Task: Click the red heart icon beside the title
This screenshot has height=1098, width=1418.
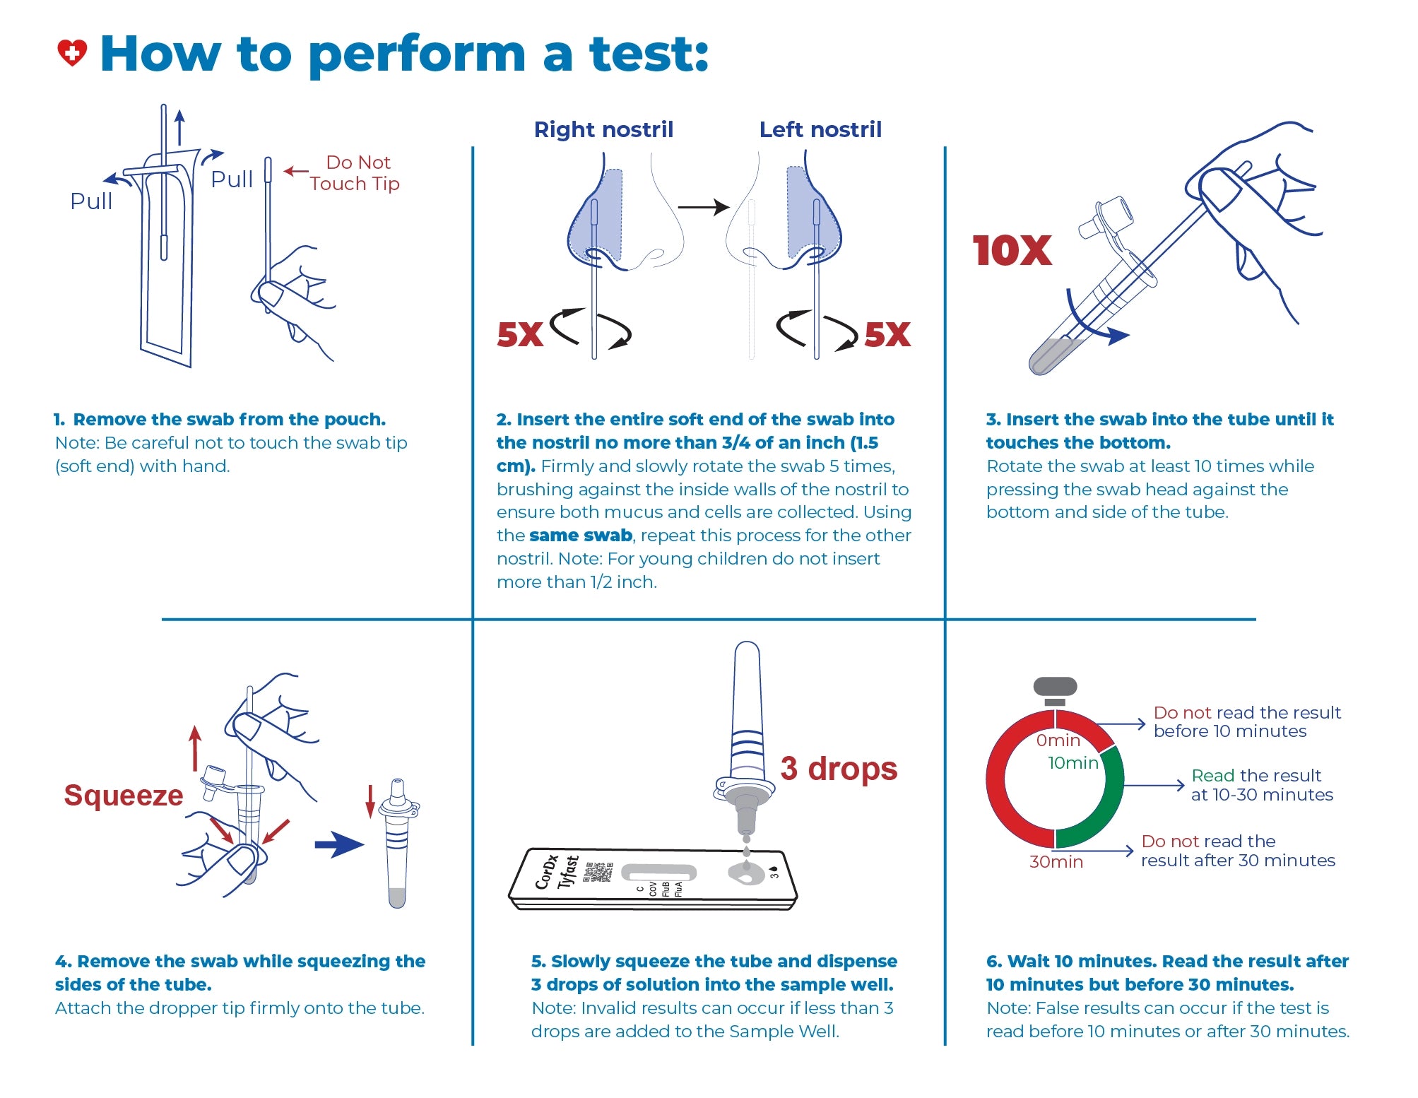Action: (x=71, y=53)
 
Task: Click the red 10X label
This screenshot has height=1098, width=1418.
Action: (x=1012, y=251)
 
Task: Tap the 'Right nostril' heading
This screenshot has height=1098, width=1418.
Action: (x=603, y=129)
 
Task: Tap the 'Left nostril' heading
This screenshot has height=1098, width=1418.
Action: (x=820, y=129)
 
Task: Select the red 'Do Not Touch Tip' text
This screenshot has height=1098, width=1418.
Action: (x=355, y=173)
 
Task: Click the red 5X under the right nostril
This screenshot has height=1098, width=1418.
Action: (x=519, y=334)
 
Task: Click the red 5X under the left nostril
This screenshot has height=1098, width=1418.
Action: (x=887, y=334)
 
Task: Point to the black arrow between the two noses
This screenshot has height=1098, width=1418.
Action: (x=703, y=207)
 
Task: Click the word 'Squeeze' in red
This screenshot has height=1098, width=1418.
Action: (x=124, y=796)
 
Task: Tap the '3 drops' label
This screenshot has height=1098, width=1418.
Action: (x=839, y=769)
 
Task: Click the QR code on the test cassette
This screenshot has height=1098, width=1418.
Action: (x=598, y=872)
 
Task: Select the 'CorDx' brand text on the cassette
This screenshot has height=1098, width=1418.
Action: (x=546, y=872)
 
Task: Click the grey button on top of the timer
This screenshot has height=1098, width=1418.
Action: (x=1055, y=686)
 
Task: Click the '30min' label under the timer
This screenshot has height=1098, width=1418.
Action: (x=1056, y=862)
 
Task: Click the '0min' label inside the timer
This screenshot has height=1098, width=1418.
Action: (x=1058, y=740)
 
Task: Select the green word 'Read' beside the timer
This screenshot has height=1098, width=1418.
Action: (x=1212, y=776)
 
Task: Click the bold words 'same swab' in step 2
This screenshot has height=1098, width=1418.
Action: (x=580, y=536)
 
